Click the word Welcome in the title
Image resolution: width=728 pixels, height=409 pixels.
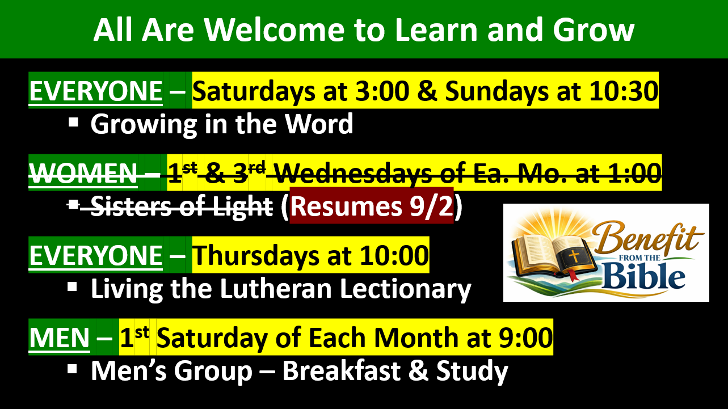(274, 30)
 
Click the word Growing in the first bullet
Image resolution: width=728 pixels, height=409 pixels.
(144, 125)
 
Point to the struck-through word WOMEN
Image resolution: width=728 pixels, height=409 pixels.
(83, 174)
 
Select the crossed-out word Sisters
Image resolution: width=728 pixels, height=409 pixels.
(131, 206)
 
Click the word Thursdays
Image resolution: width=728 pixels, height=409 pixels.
(256, 256)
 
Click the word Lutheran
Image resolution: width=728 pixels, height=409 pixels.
(276, 289)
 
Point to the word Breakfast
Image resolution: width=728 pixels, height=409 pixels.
(341, 370)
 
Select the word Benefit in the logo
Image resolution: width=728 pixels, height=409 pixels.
(647, 239)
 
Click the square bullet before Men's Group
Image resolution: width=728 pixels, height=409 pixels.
(73, 369)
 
